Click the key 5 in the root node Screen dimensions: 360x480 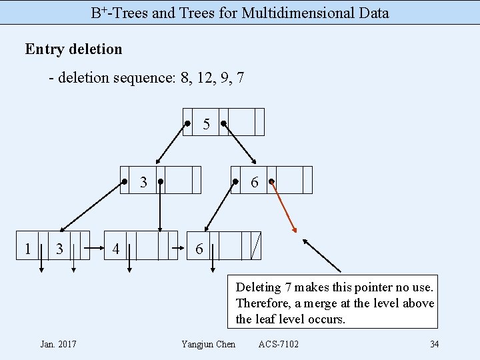point(207,124)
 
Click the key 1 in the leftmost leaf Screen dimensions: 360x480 point(27,249)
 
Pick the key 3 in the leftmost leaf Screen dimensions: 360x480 point(59,249)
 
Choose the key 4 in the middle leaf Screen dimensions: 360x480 point(116,249)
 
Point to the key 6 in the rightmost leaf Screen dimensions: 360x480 point(199,249)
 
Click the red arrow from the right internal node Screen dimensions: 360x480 point(284,207)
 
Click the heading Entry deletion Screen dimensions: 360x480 point(73,49)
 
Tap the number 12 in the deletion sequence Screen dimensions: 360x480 point(203,79)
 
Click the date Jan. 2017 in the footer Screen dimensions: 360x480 point(58,344)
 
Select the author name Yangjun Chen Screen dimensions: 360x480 point(208,344)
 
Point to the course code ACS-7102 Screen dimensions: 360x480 point(279,344)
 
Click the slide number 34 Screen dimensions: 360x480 point(434,344)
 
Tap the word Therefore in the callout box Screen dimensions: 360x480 point(261,303)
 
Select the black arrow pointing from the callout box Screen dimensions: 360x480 point(321,255)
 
